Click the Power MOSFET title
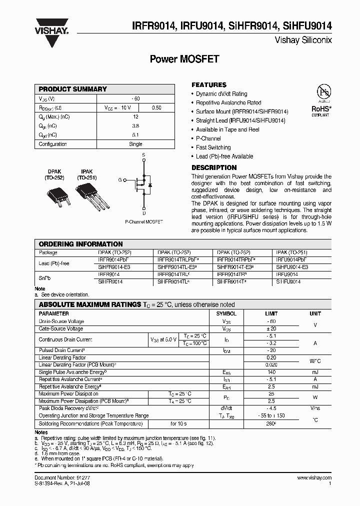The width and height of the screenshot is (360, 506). [185, 59]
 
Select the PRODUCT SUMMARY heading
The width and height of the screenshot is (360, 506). [73, 89]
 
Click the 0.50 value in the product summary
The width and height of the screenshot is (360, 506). [156, 107]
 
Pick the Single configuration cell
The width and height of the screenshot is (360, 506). [135, 144]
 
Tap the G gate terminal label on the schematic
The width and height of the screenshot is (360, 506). [120, 179]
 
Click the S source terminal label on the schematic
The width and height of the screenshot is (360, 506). [144, 155]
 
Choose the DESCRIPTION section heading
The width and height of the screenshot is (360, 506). [214, 167]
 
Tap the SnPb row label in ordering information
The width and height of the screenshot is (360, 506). [45, 277]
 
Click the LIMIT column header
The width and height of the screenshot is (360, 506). [271, 313]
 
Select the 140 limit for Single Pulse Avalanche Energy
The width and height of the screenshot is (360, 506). [271, 372]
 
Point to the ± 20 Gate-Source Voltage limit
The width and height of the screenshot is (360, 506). [271, 328]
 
